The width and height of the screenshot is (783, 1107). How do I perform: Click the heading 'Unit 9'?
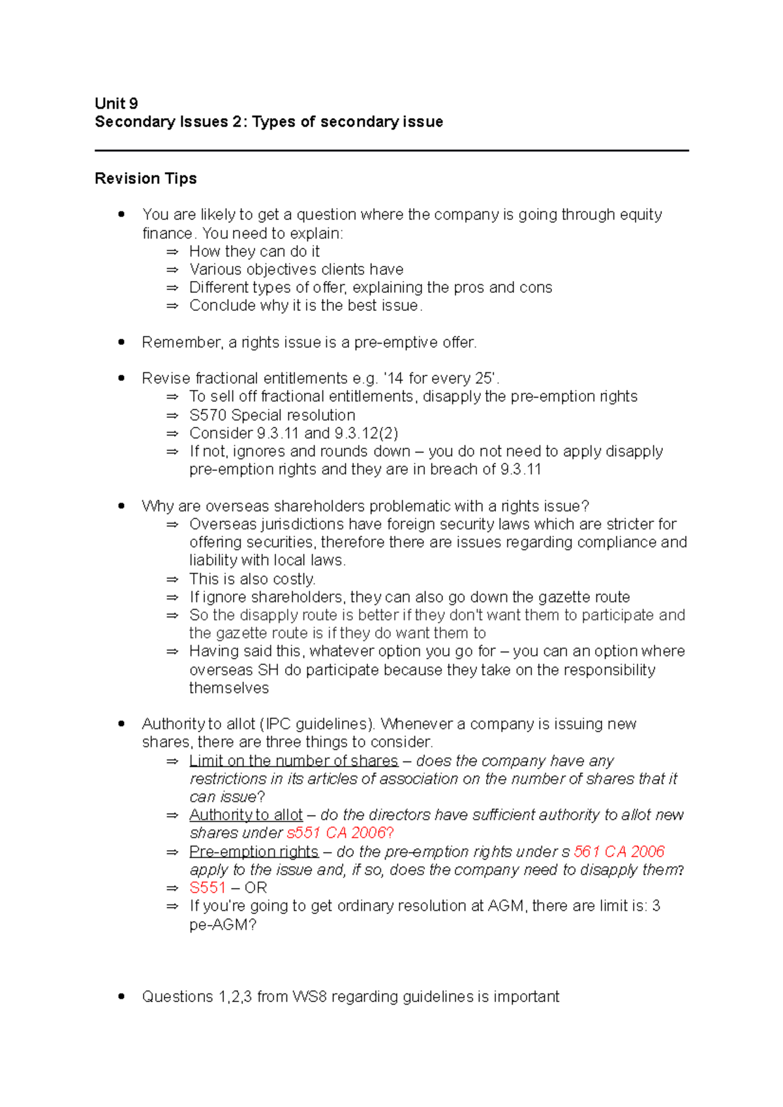(116, 104)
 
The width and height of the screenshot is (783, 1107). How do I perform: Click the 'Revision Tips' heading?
(146, 179)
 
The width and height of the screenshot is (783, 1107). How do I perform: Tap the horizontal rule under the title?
(391, 151)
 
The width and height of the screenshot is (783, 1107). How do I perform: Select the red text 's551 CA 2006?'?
(340, 833)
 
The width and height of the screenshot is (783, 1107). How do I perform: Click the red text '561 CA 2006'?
(619, 851)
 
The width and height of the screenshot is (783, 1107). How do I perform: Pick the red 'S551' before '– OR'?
(207, 888)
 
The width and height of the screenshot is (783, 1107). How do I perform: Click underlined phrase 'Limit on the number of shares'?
(293, 761)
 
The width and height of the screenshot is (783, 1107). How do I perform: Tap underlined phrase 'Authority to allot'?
(246, 815)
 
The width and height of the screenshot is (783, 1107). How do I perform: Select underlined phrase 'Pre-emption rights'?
(254, 851)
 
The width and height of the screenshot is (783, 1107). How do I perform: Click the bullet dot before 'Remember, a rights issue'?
(121, 342)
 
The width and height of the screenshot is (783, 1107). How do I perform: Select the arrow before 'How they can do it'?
(172, 252)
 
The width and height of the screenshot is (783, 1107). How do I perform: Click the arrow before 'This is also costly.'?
(172, 579)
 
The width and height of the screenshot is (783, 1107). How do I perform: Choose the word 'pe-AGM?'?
(223, 924)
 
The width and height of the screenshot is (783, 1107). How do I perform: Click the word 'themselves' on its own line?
(228, 688)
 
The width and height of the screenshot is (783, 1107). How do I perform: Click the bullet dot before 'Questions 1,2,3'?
(121, 997)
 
